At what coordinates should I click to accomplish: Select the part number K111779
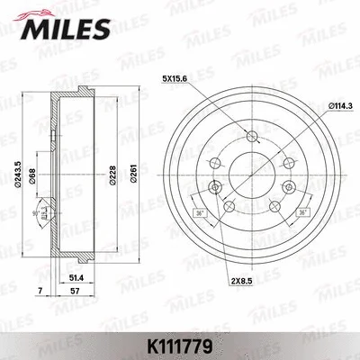click(x=180, y=343)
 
